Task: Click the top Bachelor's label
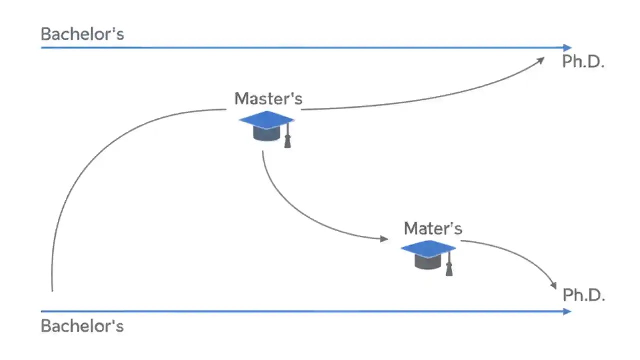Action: click(82, 34)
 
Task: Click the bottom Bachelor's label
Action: click(82, 326)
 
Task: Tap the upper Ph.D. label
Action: click(583, 62)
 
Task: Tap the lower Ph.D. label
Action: click(584, 295)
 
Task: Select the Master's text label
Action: click(268, 98)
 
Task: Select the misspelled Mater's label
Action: click(433, 228)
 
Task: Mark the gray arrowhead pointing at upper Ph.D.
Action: click(540, 60)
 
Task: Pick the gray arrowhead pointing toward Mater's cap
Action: click(384, 239)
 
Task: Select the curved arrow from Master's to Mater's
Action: click(295, 210)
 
